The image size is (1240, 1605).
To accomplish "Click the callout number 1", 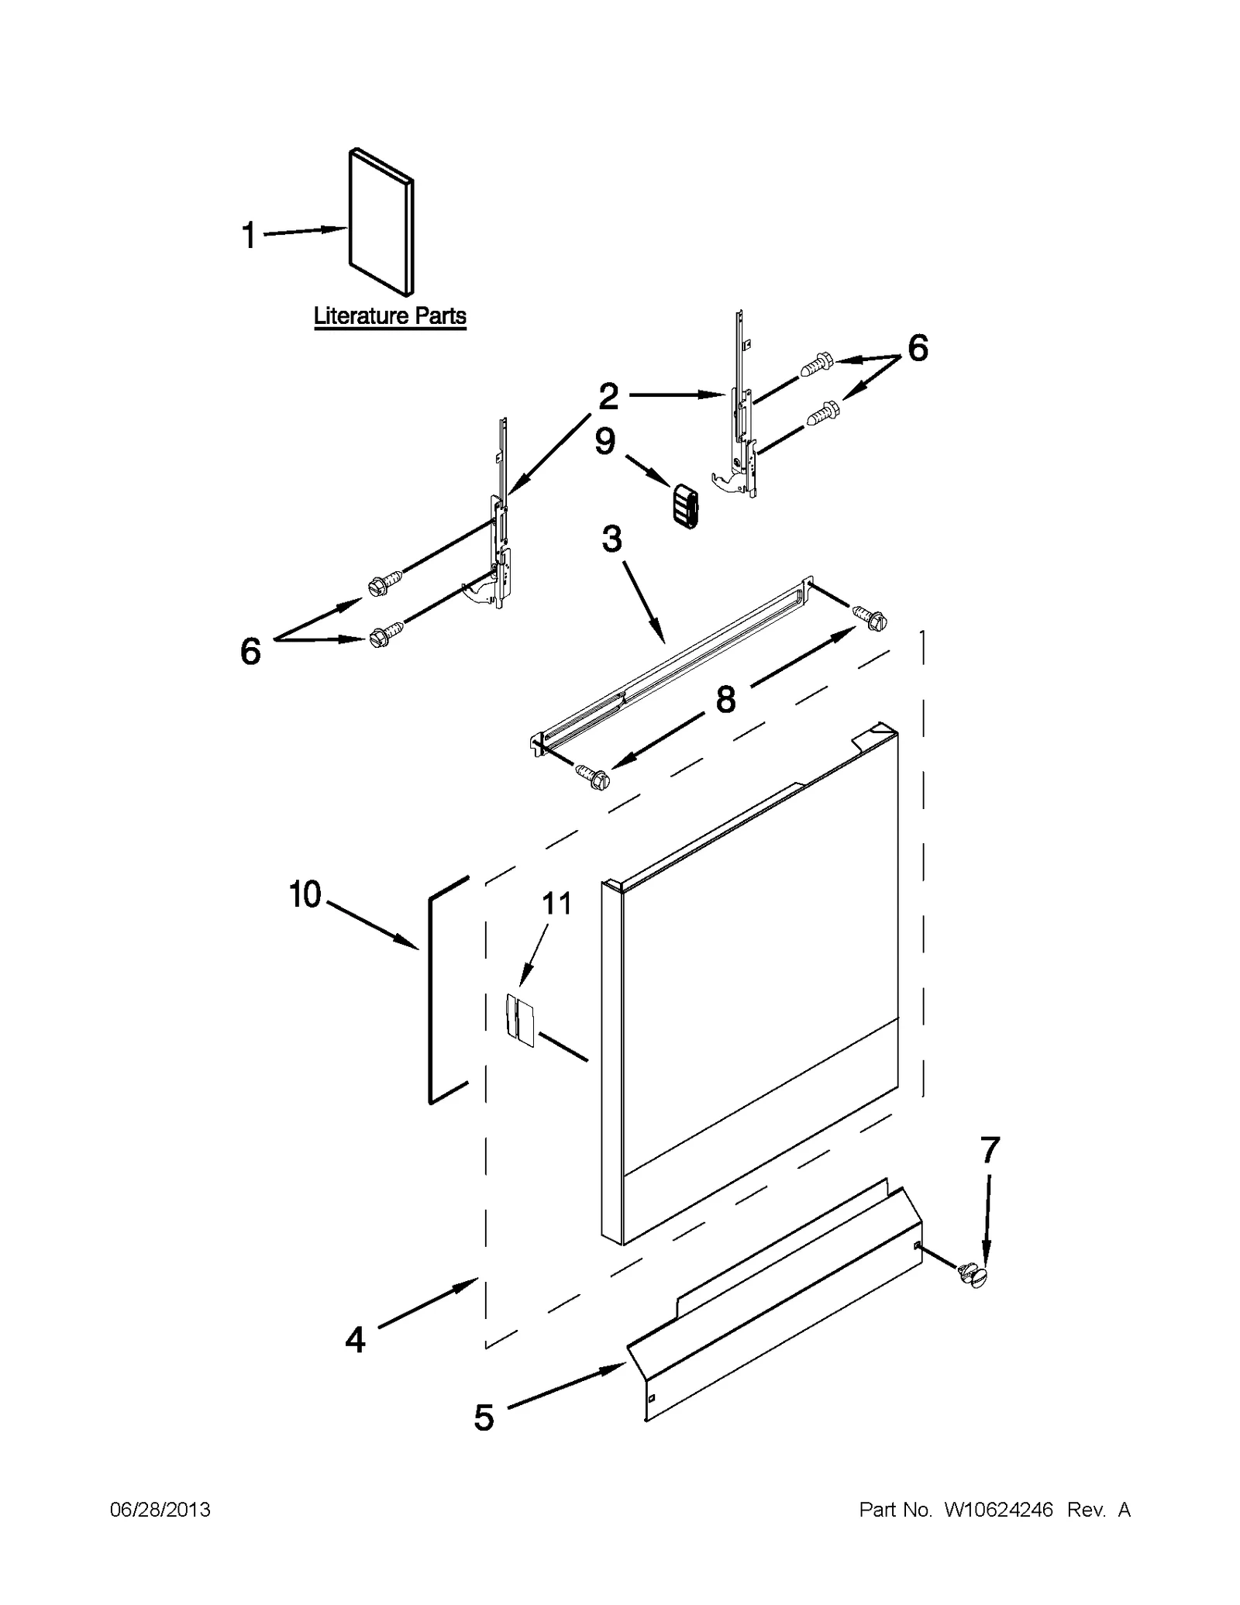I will [249, 236].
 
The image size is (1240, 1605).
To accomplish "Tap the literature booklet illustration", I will [381, 222].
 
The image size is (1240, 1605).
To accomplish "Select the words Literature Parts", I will [390, 316].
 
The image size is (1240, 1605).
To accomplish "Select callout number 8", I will [725, 700].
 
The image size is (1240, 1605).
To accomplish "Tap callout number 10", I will [305, 895].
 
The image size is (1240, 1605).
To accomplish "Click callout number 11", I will [556, 904].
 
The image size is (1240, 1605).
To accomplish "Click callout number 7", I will [990, 1151].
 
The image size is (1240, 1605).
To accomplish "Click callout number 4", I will [355, 1339].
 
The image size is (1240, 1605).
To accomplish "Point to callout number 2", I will [608, 397].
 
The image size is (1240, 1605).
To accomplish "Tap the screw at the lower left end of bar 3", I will [593, 776].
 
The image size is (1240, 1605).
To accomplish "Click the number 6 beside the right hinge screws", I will [918, 349].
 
